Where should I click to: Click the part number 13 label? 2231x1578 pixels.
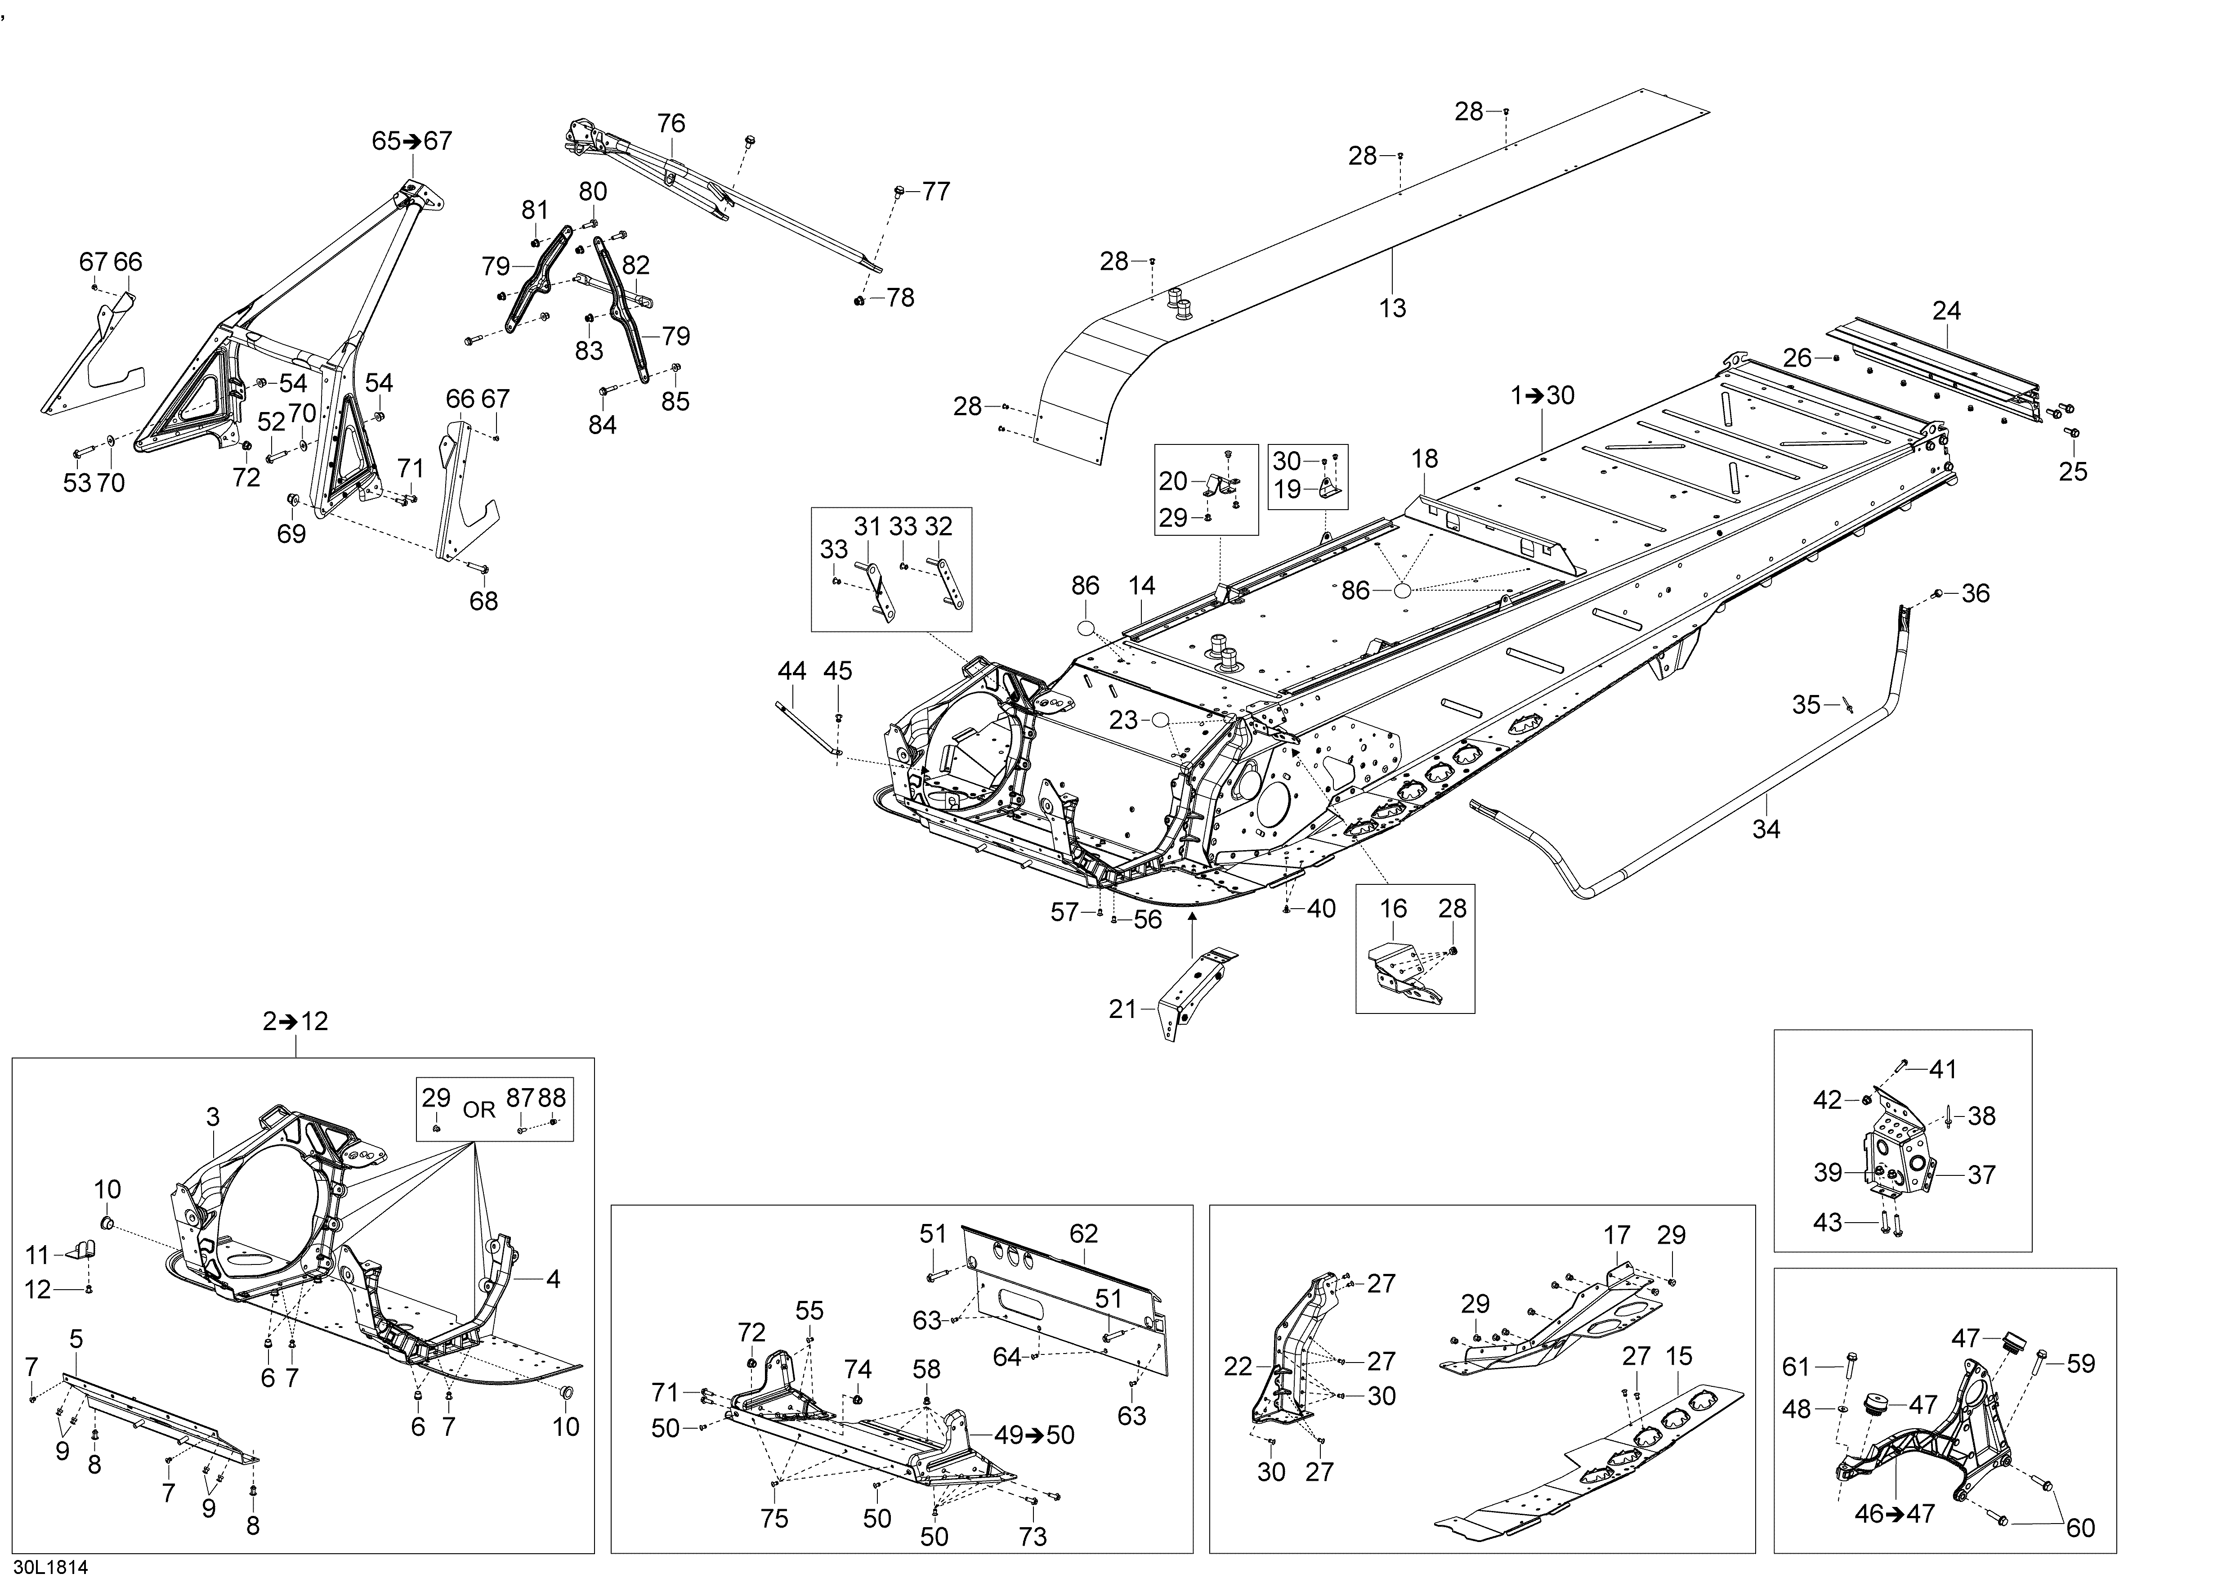(1392, 308)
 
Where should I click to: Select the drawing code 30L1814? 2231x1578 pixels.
(50, 1566)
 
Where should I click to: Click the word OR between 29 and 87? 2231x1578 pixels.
(479, 1110)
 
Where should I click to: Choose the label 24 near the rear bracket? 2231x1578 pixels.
(1946, 311)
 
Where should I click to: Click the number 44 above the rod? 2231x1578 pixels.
(792, 670)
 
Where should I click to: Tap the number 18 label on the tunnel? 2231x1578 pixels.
(1425, 459)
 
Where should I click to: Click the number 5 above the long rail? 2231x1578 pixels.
(76, 1340)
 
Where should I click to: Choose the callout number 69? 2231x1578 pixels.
(291, 533)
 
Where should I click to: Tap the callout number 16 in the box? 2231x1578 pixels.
(1393, 909)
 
